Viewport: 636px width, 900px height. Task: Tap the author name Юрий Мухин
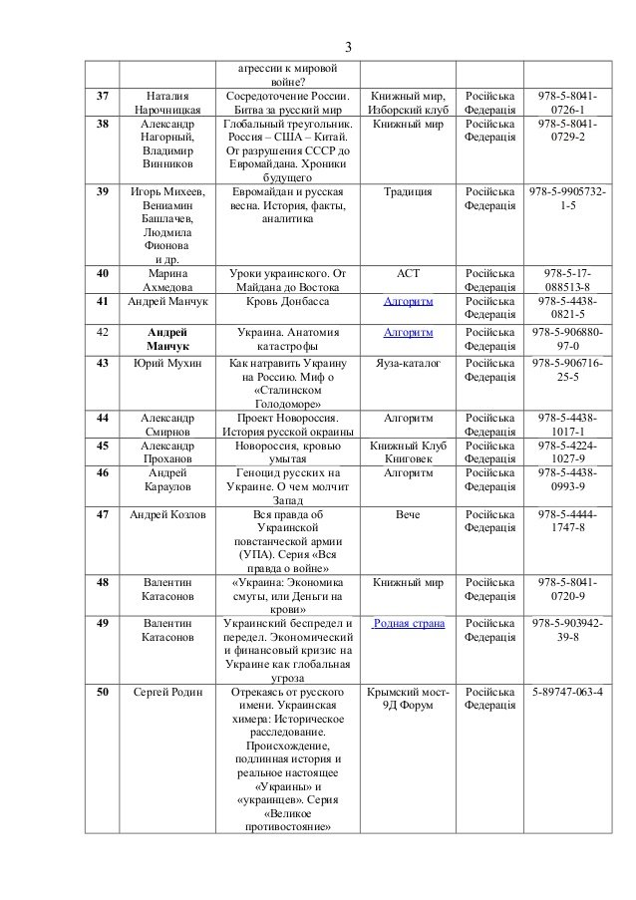(168, 366)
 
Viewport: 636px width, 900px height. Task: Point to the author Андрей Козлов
(168, 514)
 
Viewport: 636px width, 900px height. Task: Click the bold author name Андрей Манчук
(168, 339)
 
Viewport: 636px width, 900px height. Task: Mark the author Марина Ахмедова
(168, 278)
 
